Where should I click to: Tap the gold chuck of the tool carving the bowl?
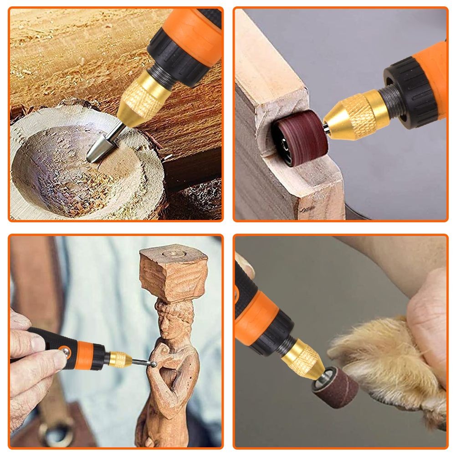coord(137,98)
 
